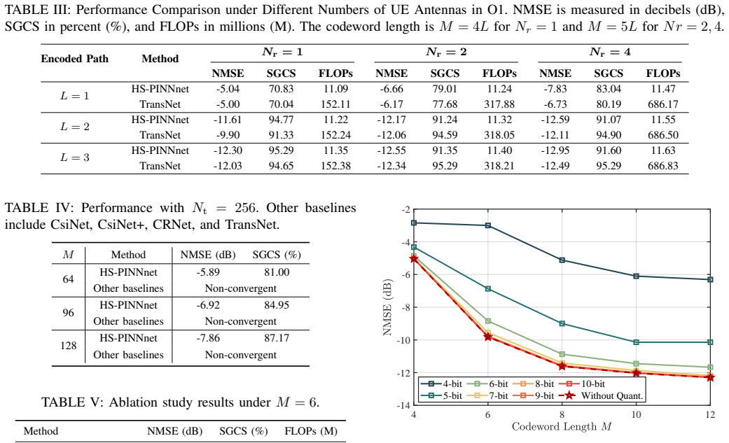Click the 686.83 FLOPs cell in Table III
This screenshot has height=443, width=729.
click(x=663, y=166)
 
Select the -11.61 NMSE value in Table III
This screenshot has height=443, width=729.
click(x=228, y=120)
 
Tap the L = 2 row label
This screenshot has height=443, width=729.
click(x=74, y=127)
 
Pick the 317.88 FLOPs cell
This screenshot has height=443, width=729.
click(x=499, y=104)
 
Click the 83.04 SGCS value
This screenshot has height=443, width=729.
click(x=609, y=89)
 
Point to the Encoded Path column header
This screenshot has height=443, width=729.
click(x=74, y=59)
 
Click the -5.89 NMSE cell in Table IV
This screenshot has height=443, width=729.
click(x=208, y=272)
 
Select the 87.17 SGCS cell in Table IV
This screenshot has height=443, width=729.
click(x=277, y=338)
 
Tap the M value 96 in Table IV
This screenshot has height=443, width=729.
click(x=69, y=313)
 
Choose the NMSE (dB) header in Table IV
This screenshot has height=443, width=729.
click(x=208, y=255)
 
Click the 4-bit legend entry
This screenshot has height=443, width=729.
click(x=441, y=384)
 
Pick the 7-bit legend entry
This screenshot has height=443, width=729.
click(x=487, y=395)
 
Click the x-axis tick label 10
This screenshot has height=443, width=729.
click(x=636, y=414)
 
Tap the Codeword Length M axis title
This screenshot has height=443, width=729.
click(x=562, y=427)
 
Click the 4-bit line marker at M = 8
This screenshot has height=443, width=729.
click(x=562, y=260)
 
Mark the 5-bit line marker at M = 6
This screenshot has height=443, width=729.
click(x=487, y=289)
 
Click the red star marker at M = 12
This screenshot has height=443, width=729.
click(x=710, y=377)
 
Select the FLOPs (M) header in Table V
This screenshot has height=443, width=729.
click(x=311, y=431)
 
